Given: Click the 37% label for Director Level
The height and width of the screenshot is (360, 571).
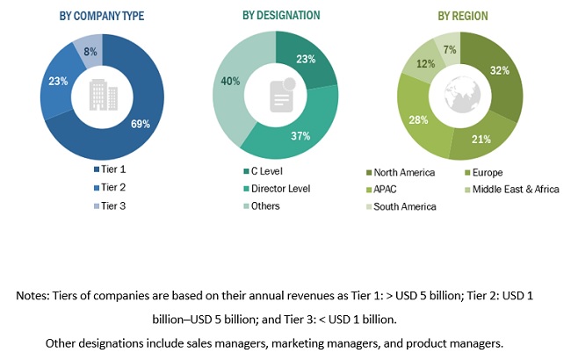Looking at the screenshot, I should [300, 136].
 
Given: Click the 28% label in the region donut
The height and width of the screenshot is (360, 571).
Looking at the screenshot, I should [416, 119].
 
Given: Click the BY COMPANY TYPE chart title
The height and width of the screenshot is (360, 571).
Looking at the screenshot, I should [101, 16].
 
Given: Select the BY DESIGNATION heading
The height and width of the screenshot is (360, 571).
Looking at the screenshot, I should [281, 16].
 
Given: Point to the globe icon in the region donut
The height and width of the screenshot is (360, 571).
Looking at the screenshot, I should [461, 96].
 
